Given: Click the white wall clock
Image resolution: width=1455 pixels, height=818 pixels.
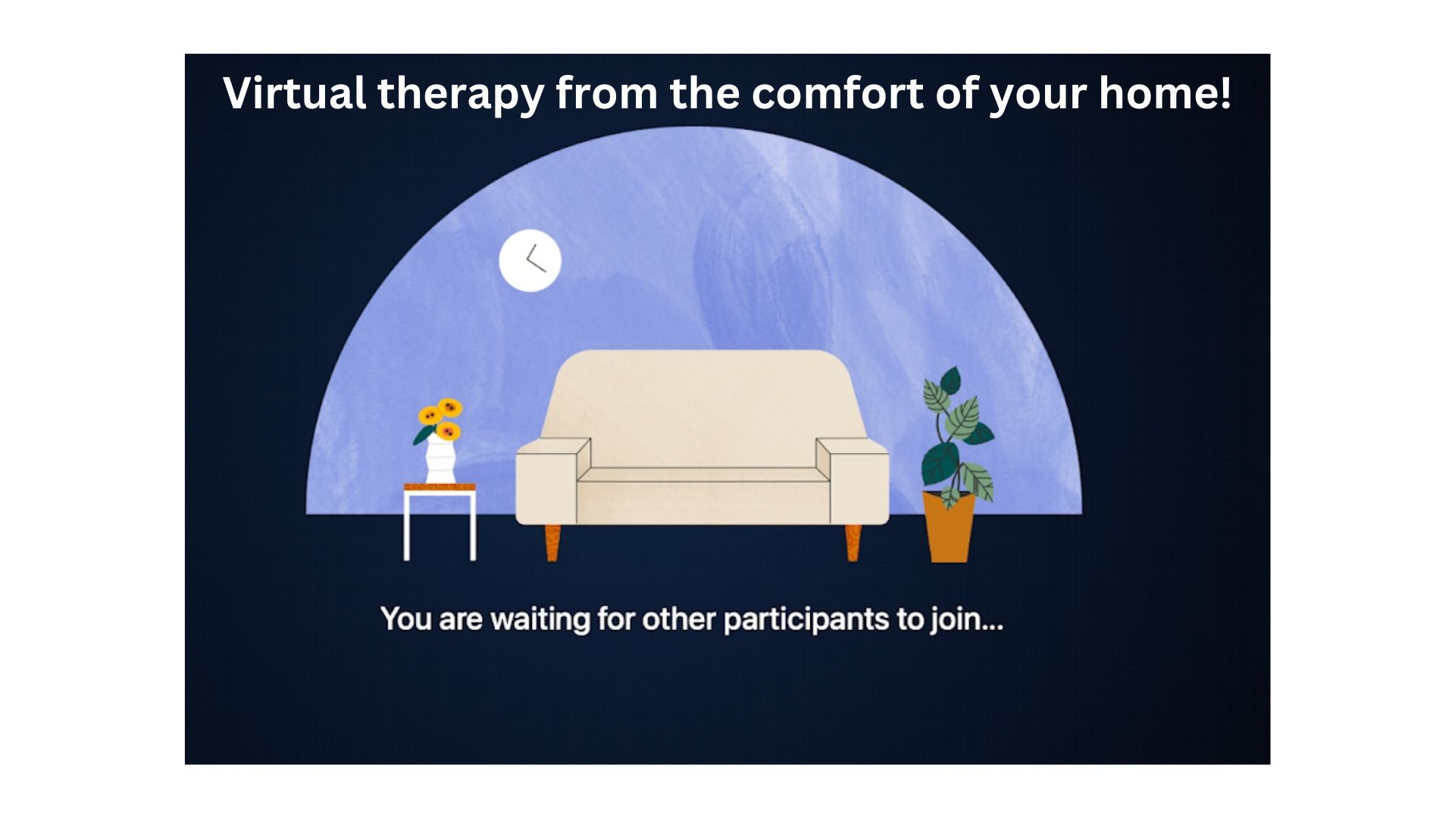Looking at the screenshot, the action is coord(530,261).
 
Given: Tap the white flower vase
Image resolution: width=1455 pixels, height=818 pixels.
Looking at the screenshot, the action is coord(440,457).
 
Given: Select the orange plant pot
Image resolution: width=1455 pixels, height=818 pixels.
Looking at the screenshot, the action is coord(949,526).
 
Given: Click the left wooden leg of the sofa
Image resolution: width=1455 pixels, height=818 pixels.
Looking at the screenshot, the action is coord(552,542).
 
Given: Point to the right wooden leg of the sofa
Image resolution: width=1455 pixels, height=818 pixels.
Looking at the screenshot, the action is coord(853,542).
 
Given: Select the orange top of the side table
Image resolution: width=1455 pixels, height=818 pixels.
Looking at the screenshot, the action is coord(440,487).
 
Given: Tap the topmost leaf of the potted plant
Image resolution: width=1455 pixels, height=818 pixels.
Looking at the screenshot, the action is coord(950,380).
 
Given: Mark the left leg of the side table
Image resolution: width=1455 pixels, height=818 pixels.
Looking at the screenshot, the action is coord(407,526).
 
